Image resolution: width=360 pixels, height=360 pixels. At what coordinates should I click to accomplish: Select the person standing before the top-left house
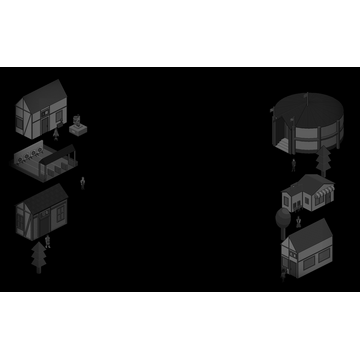(57, 130)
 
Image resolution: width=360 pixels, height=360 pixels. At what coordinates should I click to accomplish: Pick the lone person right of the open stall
(83, 183)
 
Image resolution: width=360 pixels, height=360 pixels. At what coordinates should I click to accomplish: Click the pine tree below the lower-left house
(39, 257)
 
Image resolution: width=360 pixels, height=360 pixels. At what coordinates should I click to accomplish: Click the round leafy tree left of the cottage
(283, 217)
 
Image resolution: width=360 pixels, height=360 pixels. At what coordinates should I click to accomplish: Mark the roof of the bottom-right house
(310, 236)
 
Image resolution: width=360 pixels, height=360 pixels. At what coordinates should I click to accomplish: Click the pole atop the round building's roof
(304, 95)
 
